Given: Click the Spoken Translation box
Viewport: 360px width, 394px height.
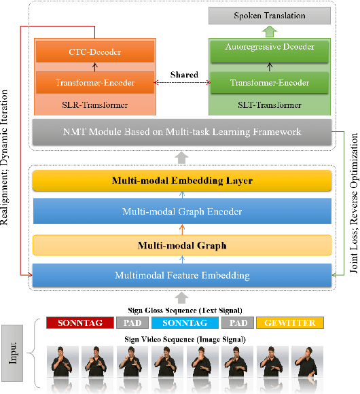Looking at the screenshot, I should pos(269,15).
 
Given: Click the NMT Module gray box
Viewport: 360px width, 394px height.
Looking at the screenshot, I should pos(182,131).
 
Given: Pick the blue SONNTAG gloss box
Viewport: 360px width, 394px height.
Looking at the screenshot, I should pos(185,323).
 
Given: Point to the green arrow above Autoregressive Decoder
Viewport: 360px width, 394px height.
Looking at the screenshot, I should pos(269,31).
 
